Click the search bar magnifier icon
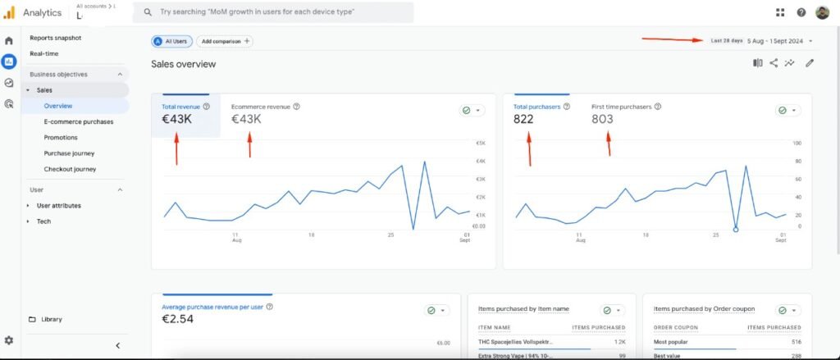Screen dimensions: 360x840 click(148, 13)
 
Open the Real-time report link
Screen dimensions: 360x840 click(44, 53)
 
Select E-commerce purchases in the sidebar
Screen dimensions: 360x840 click(79, 121)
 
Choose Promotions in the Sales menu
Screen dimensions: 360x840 click(61, 137)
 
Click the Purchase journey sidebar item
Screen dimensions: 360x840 click(69, 153)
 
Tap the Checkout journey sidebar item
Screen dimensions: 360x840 click(70, 169)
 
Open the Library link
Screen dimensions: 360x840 click(52, 319)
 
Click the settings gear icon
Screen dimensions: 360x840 click(9, 340)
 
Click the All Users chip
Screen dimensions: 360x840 click(171, 41)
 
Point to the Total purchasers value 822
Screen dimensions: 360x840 click(523, 120)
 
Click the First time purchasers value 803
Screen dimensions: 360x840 click(602, 120)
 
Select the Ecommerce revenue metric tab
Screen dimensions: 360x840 click(261, 107)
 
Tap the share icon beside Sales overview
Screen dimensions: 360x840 click(774, 63)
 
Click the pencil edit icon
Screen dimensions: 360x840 click(810, 63)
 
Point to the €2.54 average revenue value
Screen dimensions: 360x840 click(178, 319)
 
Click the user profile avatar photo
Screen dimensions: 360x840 click(823, 12)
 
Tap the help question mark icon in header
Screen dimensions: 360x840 click(801, 12)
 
